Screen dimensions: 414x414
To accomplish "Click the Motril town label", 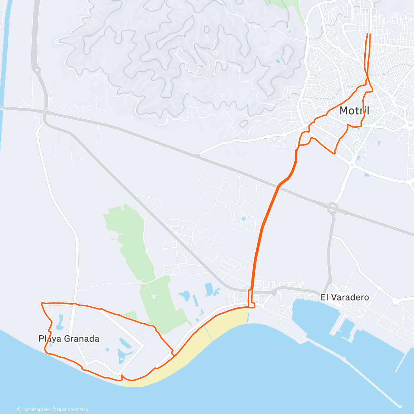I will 354,111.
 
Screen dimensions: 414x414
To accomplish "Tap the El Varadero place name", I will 344,297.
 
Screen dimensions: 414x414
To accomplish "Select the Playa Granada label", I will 69,339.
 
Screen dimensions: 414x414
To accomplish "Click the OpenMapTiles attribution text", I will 34,410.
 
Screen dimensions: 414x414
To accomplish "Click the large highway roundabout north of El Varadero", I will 333,208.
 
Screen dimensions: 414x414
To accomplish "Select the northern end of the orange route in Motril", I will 368,34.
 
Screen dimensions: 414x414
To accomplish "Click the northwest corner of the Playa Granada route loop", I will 42,304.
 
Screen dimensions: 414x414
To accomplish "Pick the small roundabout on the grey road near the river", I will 37,70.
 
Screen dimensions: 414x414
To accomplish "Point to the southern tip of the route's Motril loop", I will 334,153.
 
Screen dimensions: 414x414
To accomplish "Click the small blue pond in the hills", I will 278,62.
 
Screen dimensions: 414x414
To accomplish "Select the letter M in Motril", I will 344,111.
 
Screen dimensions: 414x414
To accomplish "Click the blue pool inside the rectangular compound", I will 244,218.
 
